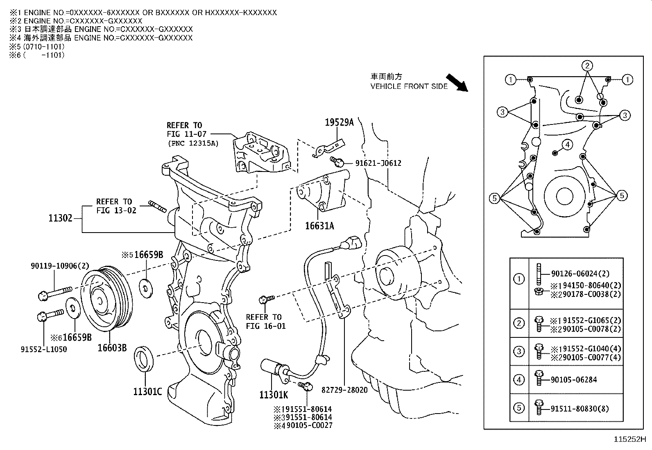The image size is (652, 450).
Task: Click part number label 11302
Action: tap(60, 218)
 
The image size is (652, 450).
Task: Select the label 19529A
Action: tap(339, 122)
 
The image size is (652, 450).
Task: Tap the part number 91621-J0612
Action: tap(378, 163)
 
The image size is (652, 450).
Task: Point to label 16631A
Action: tap(319, 225)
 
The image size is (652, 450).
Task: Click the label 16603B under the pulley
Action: tap(112, 348)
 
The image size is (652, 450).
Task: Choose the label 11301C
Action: tap(147, 392)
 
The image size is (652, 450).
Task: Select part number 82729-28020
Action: tap(344, 390)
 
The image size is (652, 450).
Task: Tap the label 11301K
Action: tap(274, 395)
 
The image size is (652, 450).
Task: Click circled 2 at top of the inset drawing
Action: tap(587, 66)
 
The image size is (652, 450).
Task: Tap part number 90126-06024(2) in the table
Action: tap(580, 274)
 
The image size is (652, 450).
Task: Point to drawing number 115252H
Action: tap(629, 440)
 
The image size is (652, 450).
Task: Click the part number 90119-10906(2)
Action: tap(60, 266)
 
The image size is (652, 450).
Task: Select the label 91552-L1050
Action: tap(44, 349)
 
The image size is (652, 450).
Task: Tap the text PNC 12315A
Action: tap(192, 143)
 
